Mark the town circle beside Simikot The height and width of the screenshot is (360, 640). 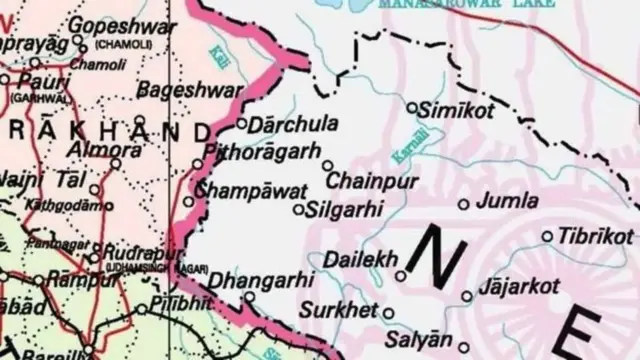412,106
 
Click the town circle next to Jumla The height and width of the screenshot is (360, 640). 463,204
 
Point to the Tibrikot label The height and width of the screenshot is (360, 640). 594,236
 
